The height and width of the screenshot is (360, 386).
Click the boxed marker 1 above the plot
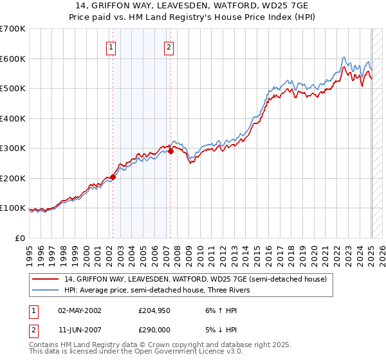tap(111, 46)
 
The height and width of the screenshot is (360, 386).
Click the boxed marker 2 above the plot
tap(169, 46)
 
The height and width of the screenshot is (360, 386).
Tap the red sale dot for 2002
tap(113, 177)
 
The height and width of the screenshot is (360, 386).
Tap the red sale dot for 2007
tap(171, 152)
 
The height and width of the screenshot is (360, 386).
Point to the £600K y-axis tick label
tap(12, 59)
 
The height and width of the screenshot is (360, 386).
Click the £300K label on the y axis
tap(12, 148)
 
